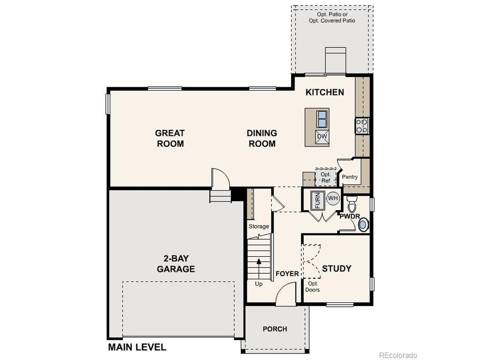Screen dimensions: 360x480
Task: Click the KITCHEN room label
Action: coord(324,92)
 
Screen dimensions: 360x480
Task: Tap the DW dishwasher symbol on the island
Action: coord(322,136)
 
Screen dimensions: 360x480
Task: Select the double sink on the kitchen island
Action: coord(322,119)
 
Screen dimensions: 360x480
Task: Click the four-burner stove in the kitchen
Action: coord(362,126)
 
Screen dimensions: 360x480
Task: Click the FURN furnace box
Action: coord(317,200)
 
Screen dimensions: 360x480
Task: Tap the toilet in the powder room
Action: coord(352,205)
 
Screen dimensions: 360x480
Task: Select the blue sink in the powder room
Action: coord(363,225)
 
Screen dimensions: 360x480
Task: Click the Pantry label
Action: coord(349,177)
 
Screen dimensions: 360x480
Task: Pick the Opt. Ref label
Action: coord(325,177)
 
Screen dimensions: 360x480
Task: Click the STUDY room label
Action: coord(336,268)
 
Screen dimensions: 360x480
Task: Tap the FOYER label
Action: coord(287,274)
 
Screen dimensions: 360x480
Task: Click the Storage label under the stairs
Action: coord(259,226)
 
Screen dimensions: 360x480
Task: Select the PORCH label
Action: coord(275,329)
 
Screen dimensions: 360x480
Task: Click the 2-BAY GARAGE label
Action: coord(175,264)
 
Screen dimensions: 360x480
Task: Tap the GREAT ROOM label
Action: coord(170,138)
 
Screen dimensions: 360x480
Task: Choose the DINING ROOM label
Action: coord(262,138)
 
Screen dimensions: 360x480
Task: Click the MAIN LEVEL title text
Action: coord(137,347)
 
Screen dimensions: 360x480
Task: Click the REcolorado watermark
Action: coord(398,355)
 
